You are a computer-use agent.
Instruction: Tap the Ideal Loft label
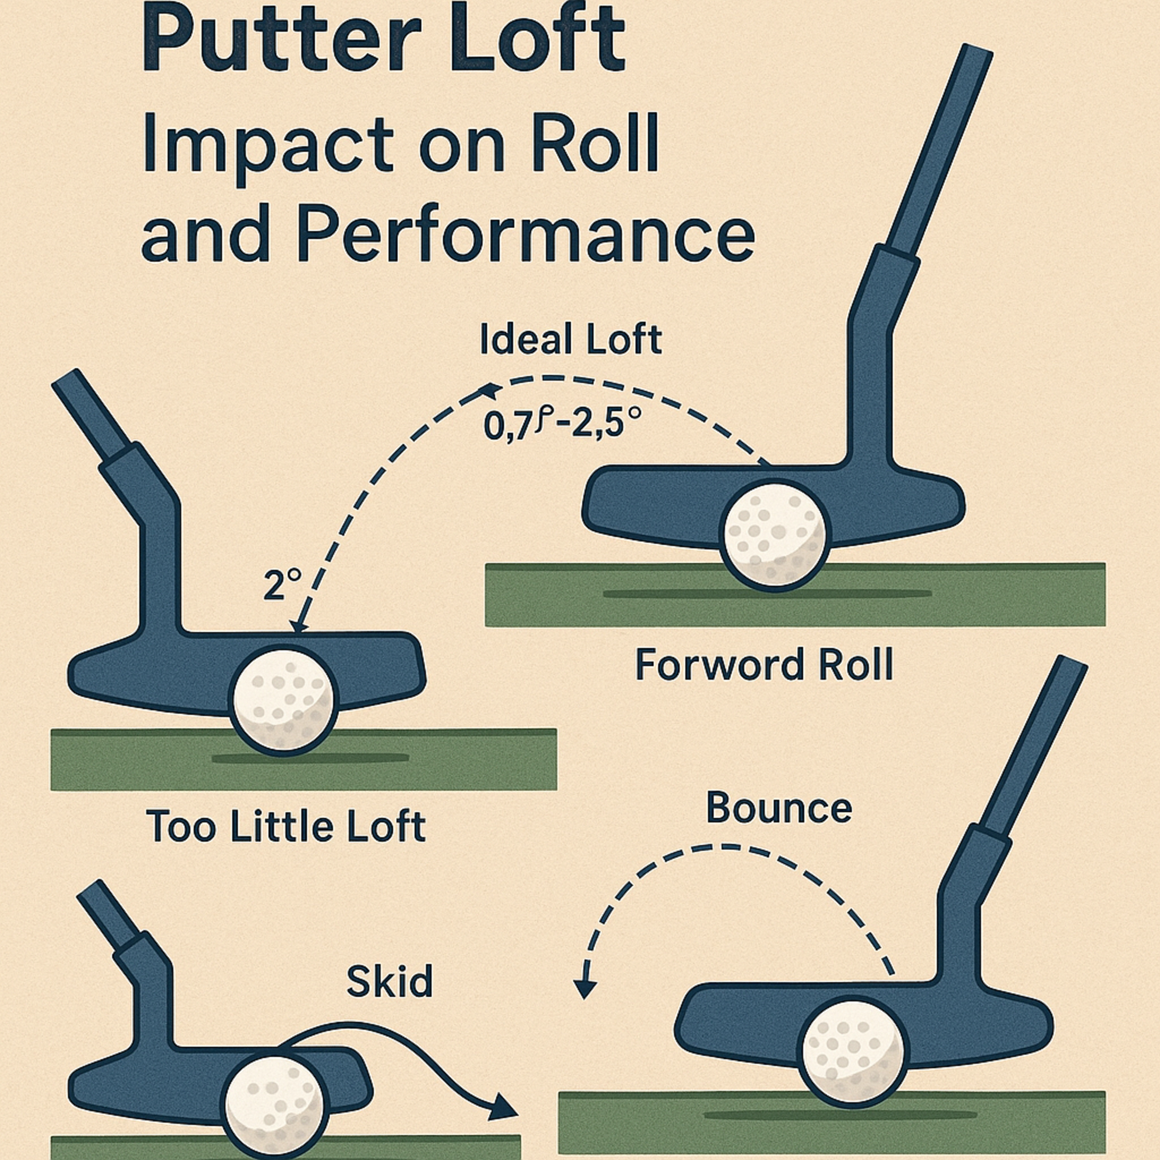pos(570,340)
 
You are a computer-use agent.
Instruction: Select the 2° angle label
pos(281,585)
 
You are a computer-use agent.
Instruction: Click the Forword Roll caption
pos(764,665)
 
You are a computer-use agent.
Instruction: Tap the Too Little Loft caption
pos(285,826)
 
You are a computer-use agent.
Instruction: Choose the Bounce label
pos(779,808)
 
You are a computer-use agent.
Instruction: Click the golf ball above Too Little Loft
pos(284,700)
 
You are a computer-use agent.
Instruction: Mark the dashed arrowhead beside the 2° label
pos(299,626)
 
